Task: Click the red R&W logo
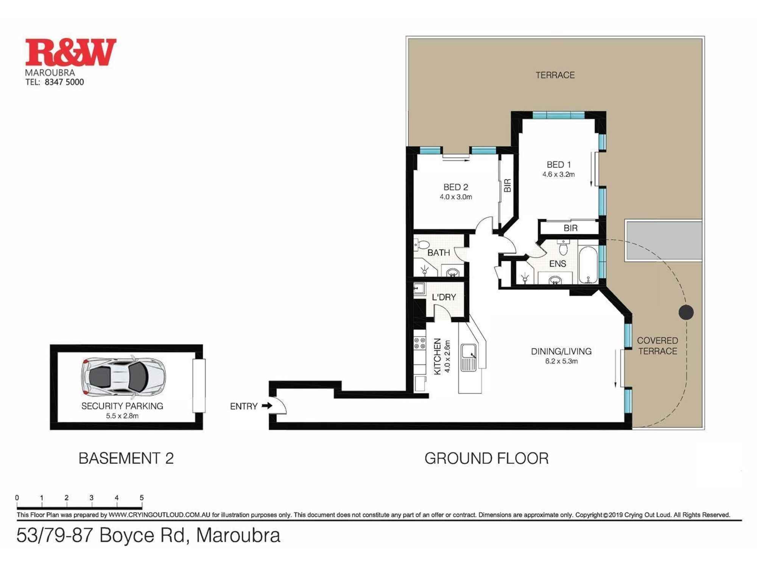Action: pyautogui.click(x=70, y=52)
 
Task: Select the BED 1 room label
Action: pyautogui.click(x=558, y=165)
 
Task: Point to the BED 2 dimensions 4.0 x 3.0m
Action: pyautogui.click(x=456, y=197)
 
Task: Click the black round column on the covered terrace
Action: pyautogui.click(x=686, y=312)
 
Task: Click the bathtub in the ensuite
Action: pyautogui.click(x=588, y=265)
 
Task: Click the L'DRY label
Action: pyautogui.click(x=444, y=298)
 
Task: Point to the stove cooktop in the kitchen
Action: pyautogui.click(x=419, y=343)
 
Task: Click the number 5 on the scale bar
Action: pyautogui.click(x=142, y=498)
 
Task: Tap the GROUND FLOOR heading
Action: pyautogui.click(x=486, y=459)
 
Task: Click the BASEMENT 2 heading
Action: pyautogui.click(x=126, y=459)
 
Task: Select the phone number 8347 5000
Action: pyautogui.click(x=64, y=82)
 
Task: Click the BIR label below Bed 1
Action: pyautogui.click(x=570, y=228)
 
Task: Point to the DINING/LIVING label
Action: pyautogui.click(x=561, y=351)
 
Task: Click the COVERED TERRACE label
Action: pyautogui.click(x=657, y=346)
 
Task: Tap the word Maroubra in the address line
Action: pyautogui.click(x=238, y=535)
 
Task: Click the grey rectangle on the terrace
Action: pyautogui.click(x=664, y=240)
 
